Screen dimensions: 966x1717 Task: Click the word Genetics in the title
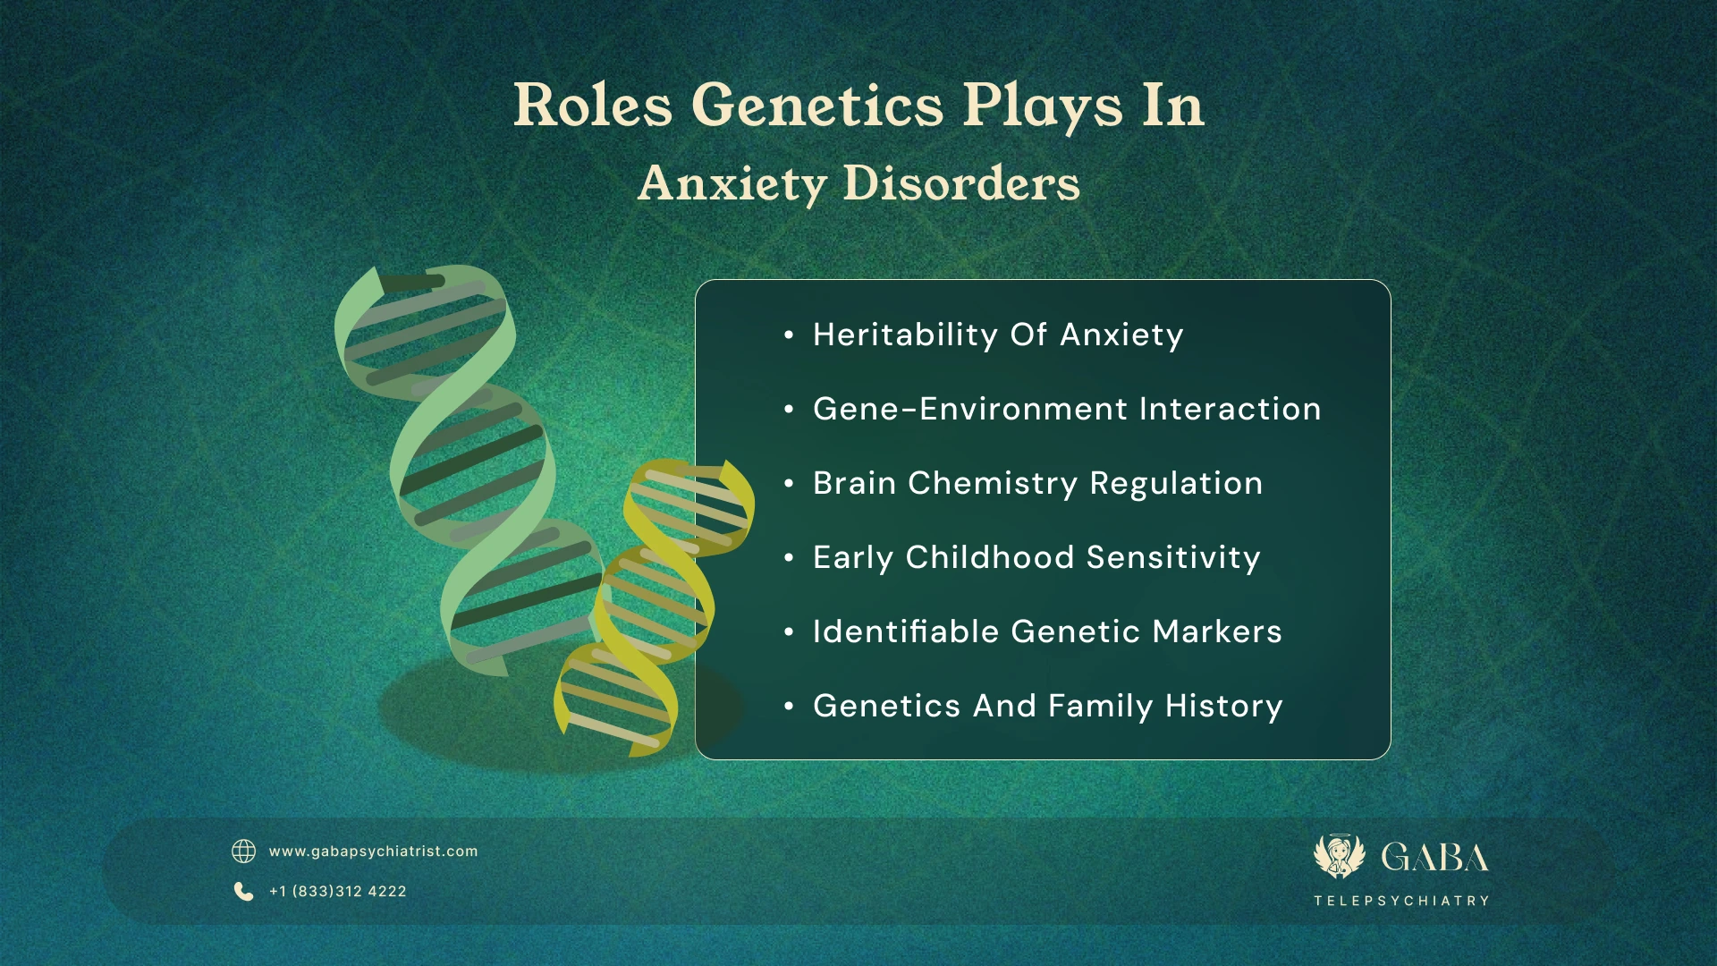click(817, 106)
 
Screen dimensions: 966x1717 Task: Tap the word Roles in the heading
click(592, 106)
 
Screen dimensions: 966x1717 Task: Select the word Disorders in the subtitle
click(961, 183)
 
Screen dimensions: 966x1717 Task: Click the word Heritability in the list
click(905, 335)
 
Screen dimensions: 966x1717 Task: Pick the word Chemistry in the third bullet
click(993, 484)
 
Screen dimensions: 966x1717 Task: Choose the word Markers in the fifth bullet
click(1217, 631)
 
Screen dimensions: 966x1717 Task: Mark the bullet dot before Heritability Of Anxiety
click(789, 335)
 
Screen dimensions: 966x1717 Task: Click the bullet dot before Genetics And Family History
click(789, 707)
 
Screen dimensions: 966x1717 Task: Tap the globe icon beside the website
click(243, 851)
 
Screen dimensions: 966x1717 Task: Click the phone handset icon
click(243, 891)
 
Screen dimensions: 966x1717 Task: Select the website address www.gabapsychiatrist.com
click(373, 852)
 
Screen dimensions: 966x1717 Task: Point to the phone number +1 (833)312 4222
click(338, 892)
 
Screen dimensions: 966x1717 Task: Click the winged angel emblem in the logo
click(1339, 856)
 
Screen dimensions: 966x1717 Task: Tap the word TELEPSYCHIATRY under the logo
click(1401, 901)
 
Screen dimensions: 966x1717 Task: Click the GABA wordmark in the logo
click(1434, 858)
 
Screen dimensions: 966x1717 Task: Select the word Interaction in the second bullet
click(1230, 409)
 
